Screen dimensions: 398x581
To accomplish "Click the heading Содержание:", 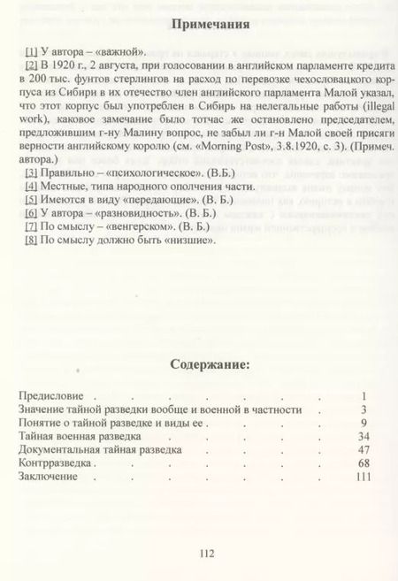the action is [199, 362].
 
